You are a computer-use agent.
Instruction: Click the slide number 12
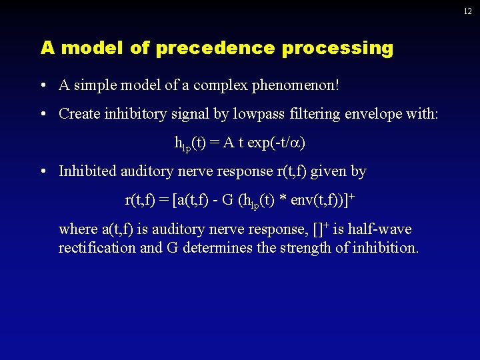point(468,11)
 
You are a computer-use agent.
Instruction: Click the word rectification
point(95,249)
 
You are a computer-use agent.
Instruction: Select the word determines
point(217,249)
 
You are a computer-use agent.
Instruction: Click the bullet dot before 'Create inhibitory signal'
point(42,114)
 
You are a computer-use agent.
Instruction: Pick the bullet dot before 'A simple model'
point(42,85)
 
